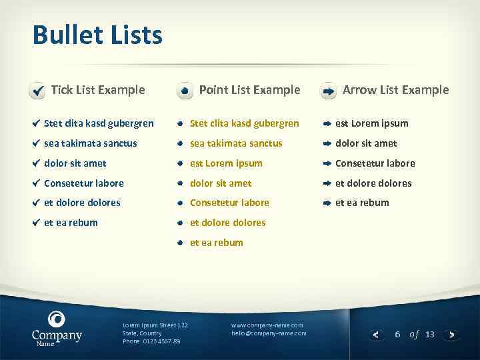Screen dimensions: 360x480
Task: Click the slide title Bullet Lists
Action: [97, 35]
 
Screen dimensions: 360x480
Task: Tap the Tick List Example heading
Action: [98, 89]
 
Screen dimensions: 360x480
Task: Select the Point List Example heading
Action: [249, 89]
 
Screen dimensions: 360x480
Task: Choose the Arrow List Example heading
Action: [395, 89]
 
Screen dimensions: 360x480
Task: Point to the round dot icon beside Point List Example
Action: [185, 91]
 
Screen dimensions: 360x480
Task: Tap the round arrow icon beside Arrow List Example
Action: [328, 91]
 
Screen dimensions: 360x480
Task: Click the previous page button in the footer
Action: [377, 335]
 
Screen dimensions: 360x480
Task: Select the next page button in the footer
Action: [452, 335]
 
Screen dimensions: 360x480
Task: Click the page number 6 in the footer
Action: [397, 334]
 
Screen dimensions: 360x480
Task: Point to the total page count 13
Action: [429, 334]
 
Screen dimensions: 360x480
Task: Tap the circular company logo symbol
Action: [57, 319]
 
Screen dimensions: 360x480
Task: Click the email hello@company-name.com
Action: [269, 333]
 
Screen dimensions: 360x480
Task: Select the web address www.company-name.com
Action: [267, 325]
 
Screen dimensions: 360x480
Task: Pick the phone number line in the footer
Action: [151, 341]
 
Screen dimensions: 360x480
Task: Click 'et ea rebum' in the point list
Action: [217, 243]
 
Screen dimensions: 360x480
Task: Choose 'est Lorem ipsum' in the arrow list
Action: [371, 123]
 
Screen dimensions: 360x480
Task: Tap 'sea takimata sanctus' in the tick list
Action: [90, 143]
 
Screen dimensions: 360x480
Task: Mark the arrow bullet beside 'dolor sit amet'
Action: [327, 143]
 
